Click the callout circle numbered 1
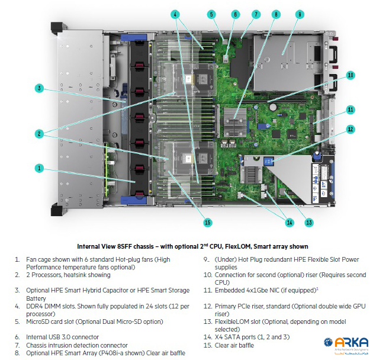39,168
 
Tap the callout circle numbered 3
39,89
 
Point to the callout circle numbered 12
351,129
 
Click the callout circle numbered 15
207,223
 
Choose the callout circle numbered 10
351,75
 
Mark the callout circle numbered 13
308,223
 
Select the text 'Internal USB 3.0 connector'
62,336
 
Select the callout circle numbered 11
351,110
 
